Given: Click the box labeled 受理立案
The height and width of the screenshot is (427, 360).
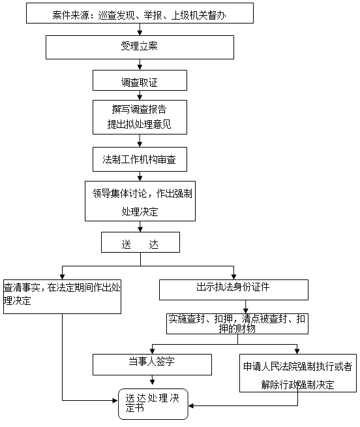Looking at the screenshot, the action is pyautogui.click(x=140, y=47).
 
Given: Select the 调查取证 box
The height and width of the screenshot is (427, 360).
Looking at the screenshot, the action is pyautogui.click(x=140, y=80).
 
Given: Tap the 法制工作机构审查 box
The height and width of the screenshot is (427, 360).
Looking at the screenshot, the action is pyautogui.click(x=140, y=159).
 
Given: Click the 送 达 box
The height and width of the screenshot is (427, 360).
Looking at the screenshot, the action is pyautogui.click(x=140, y=242).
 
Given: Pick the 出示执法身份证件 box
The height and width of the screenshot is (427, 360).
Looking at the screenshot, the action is pyautogui.click(x=233, y=290).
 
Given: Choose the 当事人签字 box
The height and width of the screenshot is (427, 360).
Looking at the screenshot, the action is pyautogui.click(x=152, y=364).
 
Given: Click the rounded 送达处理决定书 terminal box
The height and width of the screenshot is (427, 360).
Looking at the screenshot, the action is pyautogui.click(x=153, y=404).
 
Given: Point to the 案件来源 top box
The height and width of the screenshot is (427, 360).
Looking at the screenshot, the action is pyautogui.click(x=140, y=13).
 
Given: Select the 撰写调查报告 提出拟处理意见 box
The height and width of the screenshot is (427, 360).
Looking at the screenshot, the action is pyautogui.click(x=140, y=117).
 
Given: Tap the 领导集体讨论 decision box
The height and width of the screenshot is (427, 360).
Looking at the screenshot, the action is pyautogui.click(x=140, y=201).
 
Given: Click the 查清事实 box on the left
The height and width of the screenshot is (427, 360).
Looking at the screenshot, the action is pyautogui.click(x=62, y=296).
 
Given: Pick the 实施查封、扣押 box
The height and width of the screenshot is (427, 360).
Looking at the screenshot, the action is pyautogui.click(x=237, y=324).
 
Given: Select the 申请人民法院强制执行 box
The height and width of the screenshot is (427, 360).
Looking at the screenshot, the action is pyautogui.click(x=298, y=373).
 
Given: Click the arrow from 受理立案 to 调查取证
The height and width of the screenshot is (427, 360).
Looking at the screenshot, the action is pyautogui.click(x=140, y=65).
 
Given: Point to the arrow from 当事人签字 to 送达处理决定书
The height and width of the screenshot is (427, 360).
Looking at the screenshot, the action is pyautogui.click(x=153, y=380).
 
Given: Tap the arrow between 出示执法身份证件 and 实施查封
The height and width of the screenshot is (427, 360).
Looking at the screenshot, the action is pyautogui.click(x=246, y=307).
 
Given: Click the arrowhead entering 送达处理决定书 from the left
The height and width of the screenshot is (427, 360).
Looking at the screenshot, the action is pyautogui.click(x=115, y=400).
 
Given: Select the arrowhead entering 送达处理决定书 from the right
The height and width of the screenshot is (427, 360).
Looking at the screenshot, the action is pyautogui.click(x=191, y=405).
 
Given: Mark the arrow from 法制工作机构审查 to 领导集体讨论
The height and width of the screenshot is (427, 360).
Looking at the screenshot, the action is pyautogui.click(x=140, y=176).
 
